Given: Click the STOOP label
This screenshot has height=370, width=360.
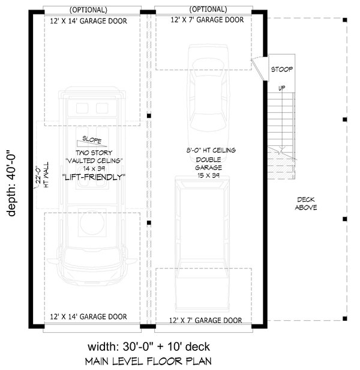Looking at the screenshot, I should pyautogui.click(x=281, y=70).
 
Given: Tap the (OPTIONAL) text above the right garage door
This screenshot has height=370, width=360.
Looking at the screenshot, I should pyautogui.click(x=208, y=10).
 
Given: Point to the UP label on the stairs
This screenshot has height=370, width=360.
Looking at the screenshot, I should pyautogui.click(x=281, y=88).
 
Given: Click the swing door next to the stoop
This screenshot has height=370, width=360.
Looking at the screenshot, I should pyautogui.click(x=257, y=64).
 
